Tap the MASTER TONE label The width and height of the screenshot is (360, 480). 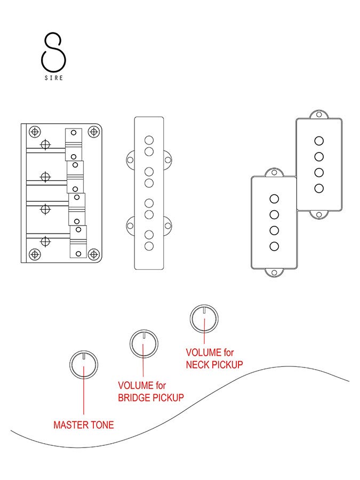(x=83, y=425)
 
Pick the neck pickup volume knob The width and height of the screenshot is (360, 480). (x=204, y=318)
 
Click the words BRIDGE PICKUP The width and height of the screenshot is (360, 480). (x=151, y=397)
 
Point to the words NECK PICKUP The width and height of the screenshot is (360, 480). (x=214, y=365)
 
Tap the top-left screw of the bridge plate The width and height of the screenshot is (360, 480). (x=35, y=131)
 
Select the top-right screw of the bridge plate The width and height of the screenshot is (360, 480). (x=93, y=131)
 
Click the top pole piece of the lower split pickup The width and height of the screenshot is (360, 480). (x=274, y=199)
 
